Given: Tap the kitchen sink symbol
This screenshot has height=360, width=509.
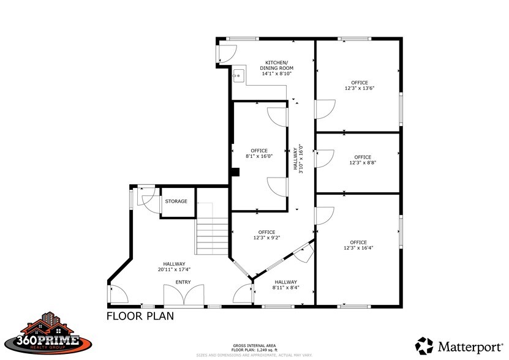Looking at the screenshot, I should pos(238,77).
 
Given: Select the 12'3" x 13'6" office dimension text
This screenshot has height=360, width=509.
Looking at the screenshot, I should pos(359,88).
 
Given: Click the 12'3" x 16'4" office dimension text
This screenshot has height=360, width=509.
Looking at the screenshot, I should pos(358,248).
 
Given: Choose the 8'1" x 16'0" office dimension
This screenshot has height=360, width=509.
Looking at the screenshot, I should pos(259,156).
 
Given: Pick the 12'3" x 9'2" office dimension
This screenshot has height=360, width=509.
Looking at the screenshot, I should pos(267,238).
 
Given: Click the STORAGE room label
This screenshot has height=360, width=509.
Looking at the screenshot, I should pos(176,201).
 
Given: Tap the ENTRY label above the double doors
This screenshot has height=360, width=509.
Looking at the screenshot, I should pos(183,282).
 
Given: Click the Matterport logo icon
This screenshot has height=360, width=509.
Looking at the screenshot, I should pos(424,345).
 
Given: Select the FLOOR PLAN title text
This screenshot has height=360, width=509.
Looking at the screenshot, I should pos(140,317).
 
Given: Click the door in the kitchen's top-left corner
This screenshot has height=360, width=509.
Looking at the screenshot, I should pos(225,54).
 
